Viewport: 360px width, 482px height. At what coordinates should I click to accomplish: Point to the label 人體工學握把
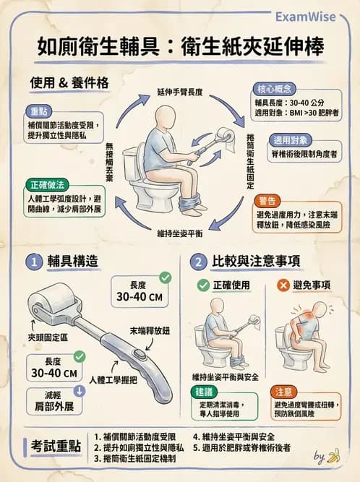[113, 379]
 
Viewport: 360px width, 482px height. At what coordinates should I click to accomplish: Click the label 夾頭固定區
[48, 337]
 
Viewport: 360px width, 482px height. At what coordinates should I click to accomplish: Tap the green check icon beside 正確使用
[203, 285]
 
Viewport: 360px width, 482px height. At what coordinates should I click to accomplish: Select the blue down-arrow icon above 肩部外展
[80, 391]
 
